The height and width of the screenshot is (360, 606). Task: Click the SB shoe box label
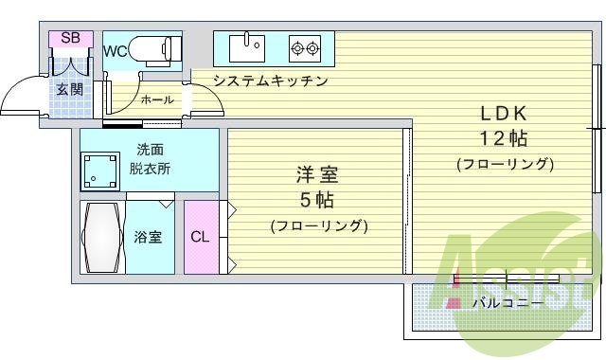(x=70, y=38)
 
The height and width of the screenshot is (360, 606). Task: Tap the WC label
(x=116, y=51)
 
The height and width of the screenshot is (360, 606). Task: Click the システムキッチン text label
(x=270, y=81)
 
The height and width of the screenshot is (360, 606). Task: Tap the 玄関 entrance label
(x=68, y=90)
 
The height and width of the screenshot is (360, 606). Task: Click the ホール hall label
(x=156, y=99)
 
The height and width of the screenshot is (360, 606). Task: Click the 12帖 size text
(x=503, y=138)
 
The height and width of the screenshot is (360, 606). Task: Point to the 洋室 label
(x=317, y=175)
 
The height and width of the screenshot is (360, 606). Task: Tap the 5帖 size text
(x=317, y=200)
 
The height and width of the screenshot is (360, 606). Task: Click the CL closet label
(x=200, y=237)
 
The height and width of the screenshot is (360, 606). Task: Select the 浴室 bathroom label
(x=148, y=237)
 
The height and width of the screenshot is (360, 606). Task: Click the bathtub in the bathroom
(x=99, y=237)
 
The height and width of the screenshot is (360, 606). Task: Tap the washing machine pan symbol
(x=99, y=171)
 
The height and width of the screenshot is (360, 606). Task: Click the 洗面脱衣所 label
(x=151, y=158)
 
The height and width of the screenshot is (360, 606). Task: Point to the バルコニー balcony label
(x=508, y=303)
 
